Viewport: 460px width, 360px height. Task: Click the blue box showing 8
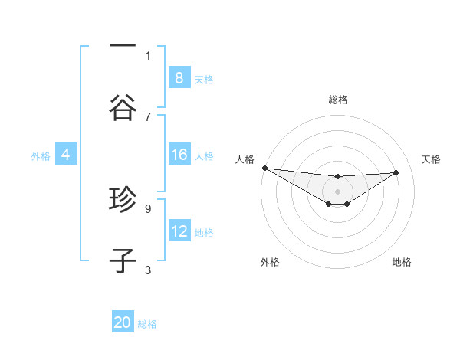tap(179, 77)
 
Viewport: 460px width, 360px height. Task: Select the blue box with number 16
tap(179, 155)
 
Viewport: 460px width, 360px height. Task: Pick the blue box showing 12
tap(179, 231)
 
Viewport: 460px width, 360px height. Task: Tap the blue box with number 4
tap(65, 155)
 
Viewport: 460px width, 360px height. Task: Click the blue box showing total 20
tap(123, 322)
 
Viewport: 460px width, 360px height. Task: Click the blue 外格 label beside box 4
tap(41, 156)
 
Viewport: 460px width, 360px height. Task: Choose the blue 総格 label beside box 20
tap(147, 324)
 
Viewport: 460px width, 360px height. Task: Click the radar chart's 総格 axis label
tap(337, 100)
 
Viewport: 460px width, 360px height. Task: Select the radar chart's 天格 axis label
tap(431, 159)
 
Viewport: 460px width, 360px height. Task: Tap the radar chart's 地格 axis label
tap(402, 262)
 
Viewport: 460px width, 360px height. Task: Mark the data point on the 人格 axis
tap(264, 168)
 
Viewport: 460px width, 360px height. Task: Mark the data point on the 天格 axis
tap(396, 172)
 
